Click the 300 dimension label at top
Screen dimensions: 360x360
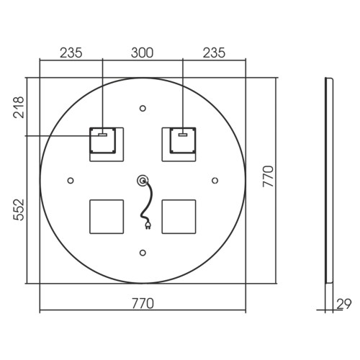tap(142, 53)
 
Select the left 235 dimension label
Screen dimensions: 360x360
tap(71, 53)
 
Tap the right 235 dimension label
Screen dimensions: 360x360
tap(214, 53)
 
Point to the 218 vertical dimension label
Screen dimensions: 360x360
tap(19, 107)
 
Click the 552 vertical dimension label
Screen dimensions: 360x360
tap(19, 210)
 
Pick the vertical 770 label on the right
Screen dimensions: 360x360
tap(268, 176)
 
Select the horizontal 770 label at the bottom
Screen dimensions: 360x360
tap(143, 304)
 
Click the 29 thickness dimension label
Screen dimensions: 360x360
tap(343, 304)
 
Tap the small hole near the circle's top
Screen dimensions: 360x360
tap(143, 109)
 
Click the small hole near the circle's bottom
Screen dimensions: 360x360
tap(143, 253)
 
